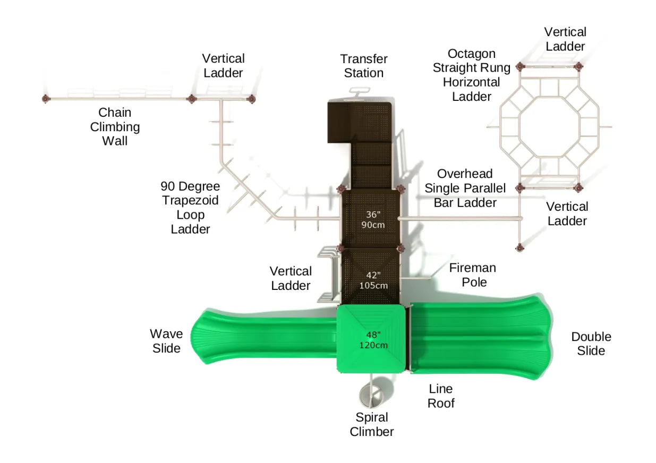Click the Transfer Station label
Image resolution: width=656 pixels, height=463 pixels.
364,66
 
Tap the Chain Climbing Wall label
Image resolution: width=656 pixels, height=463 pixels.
115,127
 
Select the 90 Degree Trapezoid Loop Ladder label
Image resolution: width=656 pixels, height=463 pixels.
190,208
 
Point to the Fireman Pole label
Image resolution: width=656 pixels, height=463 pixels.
473,275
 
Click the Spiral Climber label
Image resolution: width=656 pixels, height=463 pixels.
372,424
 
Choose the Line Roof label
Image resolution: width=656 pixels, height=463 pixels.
441,396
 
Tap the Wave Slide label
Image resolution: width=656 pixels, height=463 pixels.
166,341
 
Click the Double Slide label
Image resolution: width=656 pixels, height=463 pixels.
591,344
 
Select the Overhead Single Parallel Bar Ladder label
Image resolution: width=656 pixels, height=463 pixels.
465,188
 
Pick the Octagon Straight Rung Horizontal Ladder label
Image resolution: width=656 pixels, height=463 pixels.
472,75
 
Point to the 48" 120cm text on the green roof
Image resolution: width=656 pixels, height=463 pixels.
373,340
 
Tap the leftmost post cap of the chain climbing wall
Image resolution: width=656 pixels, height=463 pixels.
45,99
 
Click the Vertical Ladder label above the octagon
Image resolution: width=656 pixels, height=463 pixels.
565,39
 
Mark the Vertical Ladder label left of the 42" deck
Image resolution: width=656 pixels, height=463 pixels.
291,278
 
